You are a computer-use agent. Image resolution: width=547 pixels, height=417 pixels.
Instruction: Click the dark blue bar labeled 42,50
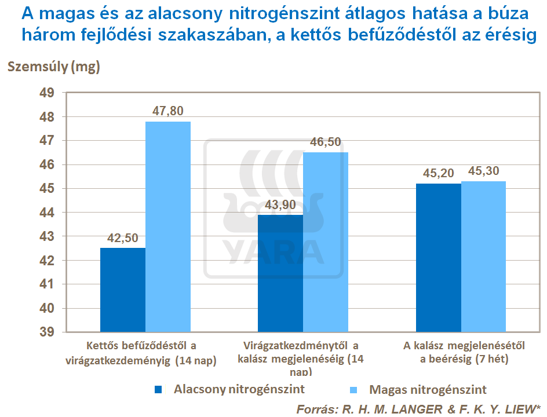(122, 290)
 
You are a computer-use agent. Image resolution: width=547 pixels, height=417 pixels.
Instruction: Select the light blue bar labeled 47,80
(167, 226)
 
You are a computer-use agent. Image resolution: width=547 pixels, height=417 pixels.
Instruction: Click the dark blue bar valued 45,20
(439, 257)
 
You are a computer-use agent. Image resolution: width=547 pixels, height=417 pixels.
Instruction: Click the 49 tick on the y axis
(46, 93)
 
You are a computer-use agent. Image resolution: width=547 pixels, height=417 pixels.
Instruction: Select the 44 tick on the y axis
(46, 213)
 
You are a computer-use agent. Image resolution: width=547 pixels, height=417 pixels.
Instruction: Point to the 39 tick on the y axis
(46, 332)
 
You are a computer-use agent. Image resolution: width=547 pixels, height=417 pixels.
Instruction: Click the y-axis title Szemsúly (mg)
(53, 67)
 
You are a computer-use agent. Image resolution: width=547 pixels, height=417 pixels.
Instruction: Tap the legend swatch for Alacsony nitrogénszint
(158, 390)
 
